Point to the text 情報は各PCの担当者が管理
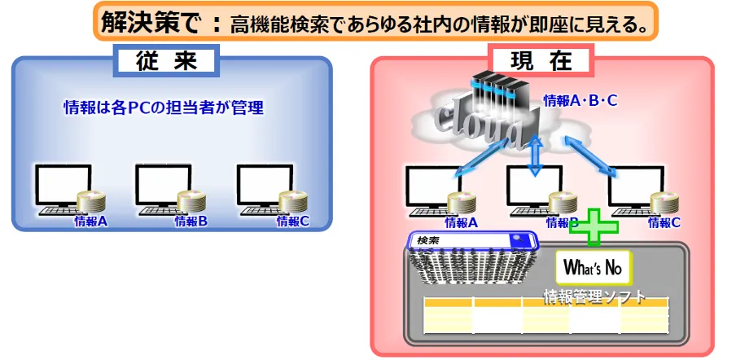[x=164, y=108]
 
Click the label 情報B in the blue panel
[x=192, y=221]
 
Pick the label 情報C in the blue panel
[x=293, y=221]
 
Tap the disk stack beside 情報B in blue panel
[x=192, y=202]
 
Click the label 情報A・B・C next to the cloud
[x=580, y=101]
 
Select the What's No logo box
[x=593, y=266]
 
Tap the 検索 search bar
[x=472, y=241]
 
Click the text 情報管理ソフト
[x=595, y=296]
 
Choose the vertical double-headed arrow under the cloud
[x=535, y=156]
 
